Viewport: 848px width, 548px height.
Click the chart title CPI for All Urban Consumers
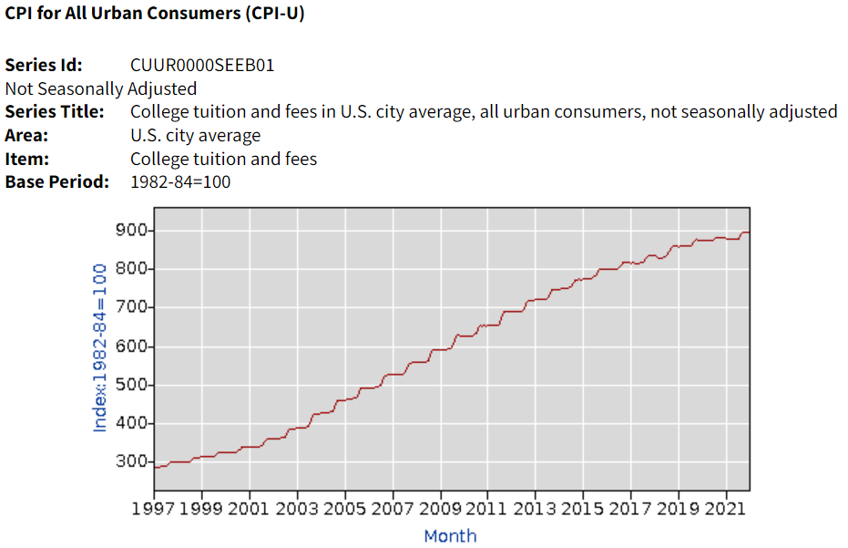click(x=155, y=16)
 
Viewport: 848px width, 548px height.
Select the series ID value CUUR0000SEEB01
click(x=202, y=66)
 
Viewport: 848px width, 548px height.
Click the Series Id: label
click(x=44, y=66)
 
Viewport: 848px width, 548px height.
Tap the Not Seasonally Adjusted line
click(x=101, y=88)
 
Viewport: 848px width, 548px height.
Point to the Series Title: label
click(x=55, y=112)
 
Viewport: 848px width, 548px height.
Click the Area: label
click(x=26, y=136)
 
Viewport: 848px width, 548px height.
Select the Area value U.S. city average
click(x=195, y=136)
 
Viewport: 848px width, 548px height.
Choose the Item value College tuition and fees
click(x=223, y=159)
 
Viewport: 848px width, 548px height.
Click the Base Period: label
click(x=57, y=181)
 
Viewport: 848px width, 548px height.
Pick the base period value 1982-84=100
click(x=180, y=181)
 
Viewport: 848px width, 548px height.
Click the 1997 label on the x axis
click(x=153, y=508)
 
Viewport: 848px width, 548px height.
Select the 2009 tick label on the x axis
click(x=440, y=508)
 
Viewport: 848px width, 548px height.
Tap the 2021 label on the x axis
click(x=726, y=508)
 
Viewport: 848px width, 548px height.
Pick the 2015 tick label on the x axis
click(x=583, y=508)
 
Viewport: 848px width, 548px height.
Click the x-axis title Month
click(x=450, y=535)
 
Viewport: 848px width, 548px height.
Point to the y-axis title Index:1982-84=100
click(x=100, y=347)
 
